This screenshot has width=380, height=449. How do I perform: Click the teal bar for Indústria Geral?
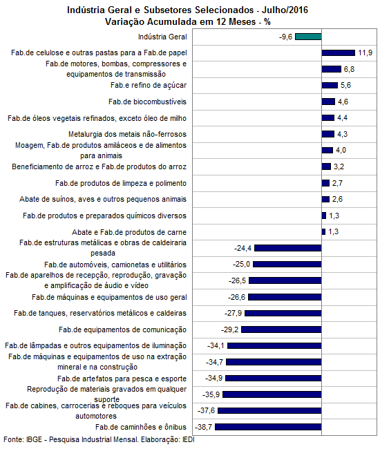tap(308, 37)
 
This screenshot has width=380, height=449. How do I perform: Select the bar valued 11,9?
tap(338, 52)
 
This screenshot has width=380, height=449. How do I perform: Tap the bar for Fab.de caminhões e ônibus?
tap(268, 427)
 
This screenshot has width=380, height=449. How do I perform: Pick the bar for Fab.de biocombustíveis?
tap(328, 102)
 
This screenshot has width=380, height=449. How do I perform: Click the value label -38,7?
tap(203, 427)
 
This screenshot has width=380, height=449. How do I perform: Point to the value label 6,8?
tap(349, 69)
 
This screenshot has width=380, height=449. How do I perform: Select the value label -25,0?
tap(241, 264)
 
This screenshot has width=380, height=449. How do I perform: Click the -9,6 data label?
tap(285, 37)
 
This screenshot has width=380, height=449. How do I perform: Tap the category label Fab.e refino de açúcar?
tap(149, 85)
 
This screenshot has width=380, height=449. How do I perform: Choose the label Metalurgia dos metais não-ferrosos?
tap(127, 134)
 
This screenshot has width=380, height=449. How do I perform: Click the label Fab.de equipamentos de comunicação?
tap(122, 329)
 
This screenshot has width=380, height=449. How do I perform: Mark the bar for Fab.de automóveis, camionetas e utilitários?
tap(287, 264)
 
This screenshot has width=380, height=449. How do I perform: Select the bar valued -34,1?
tap(274, 345)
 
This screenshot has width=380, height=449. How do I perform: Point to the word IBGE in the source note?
tap(34, 439)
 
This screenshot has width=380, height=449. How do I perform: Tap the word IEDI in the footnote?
tap(189, 439)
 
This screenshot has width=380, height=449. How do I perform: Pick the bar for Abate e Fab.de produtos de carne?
tap(323, 231)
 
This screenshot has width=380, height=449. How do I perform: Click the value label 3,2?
tap(339, 166)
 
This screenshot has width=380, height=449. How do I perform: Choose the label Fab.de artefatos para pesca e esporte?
tap(122, 379)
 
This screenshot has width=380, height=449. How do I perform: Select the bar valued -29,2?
tap(281, 329)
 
